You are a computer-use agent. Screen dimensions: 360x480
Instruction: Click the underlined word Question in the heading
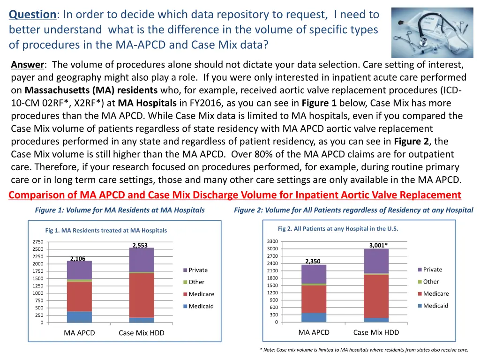(32, 15)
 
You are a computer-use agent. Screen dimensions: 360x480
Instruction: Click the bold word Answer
(27, 65)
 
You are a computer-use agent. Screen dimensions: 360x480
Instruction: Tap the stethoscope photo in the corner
(432, 32)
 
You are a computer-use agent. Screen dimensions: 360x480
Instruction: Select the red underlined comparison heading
(235, 195)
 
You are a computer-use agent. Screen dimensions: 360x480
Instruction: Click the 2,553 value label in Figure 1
(140, 245)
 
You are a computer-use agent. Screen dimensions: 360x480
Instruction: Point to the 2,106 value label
(77, 259)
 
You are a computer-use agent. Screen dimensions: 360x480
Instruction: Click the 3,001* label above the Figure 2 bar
(378, 245)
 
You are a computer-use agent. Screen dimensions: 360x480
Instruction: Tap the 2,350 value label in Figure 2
(313, 262)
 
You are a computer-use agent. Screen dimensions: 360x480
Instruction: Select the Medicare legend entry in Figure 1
(201, 294)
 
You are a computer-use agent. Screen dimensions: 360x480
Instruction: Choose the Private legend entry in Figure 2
(432, 270)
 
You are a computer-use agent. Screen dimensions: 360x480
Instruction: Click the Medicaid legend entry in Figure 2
(435, 306)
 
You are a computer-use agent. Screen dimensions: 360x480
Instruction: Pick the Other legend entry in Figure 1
(196, 282)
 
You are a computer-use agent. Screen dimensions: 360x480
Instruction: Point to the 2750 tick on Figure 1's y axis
(38, 242)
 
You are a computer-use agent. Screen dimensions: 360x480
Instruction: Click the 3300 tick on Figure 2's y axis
(272, 241)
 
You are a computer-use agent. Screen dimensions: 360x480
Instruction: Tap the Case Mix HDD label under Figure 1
(142, 333)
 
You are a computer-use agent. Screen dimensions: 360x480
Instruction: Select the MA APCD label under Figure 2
(314, 332)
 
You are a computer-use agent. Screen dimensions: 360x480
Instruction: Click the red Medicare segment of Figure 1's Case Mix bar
(142, 295)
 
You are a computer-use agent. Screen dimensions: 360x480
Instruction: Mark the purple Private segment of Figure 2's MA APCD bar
(314, 274)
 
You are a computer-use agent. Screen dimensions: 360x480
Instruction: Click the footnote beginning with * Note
(364, 350)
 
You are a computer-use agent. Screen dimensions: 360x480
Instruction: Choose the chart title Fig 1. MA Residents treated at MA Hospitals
(106, 230)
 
